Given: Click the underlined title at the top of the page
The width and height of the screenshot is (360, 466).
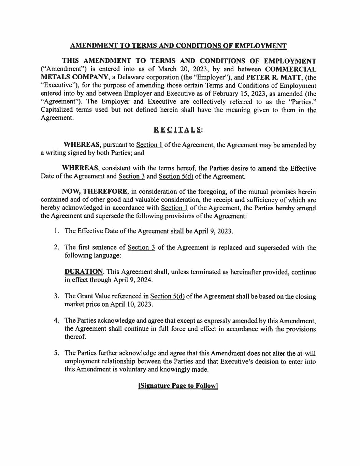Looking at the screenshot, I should (x=178, y=46).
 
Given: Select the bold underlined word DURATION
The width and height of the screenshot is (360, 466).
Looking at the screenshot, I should (x=84, y=272).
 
